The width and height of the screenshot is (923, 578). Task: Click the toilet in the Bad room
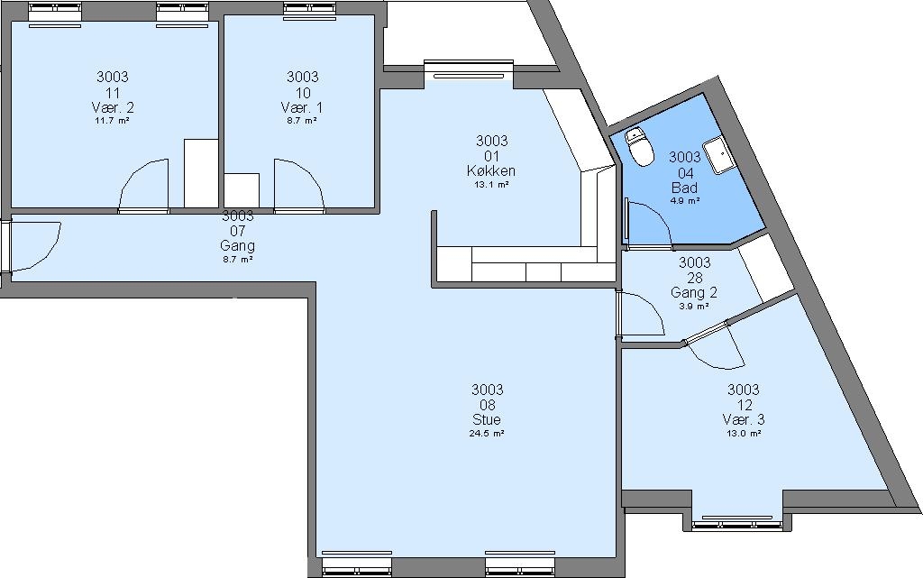tap(639, 146)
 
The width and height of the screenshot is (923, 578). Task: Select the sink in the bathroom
tap(719, 155)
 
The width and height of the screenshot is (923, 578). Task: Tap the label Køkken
tap(491, 170)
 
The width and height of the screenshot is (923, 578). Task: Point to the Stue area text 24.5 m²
tap(488, 434)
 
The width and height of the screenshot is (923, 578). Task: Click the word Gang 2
tap(694, 292)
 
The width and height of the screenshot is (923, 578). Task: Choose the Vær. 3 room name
tap(744, 419)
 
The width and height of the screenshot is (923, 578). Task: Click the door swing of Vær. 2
tap(144, 184)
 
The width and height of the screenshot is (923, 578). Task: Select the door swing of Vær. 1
tap(299, 184)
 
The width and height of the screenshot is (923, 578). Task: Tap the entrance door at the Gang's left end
tap(32, 246)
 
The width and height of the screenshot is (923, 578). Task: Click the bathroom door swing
tap(649, 223)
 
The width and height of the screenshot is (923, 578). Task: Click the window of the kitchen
tap(469, 68)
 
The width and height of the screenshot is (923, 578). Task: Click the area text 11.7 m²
tap(113, 121)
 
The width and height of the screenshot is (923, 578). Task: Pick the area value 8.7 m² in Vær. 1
tap(302, 121)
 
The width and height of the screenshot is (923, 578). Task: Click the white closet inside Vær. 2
tap(201, 173)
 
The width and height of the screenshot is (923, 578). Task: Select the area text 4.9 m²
tap(685, 201)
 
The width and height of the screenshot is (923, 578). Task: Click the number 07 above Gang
tap(238, 231)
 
